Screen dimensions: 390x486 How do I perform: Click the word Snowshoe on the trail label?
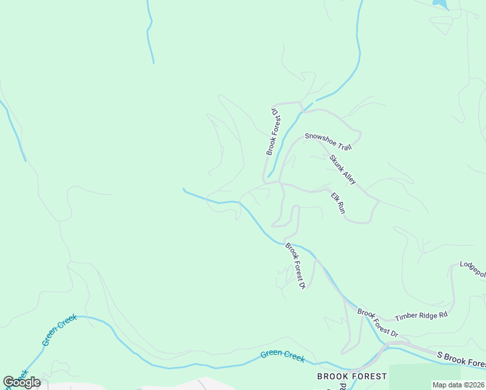[318, 136]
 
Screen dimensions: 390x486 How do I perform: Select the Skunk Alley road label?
[342, 170]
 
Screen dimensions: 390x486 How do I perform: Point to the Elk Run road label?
[338, 203]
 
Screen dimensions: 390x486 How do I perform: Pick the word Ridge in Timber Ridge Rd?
[430, 315]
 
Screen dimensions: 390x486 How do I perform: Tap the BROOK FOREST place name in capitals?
[352, 376]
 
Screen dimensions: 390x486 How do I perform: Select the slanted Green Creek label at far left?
[59, 330]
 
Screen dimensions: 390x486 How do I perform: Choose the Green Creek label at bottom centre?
[282, 356]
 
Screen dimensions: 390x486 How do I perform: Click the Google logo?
[21, 382]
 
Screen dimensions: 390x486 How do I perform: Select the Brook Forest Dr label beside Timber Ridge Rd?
[377, 322]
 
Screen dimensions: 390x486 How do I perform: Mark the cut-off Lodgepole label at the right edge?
[473, 269]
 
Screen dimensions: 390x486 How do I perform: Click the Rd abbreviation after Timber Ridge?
[444, 314]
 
